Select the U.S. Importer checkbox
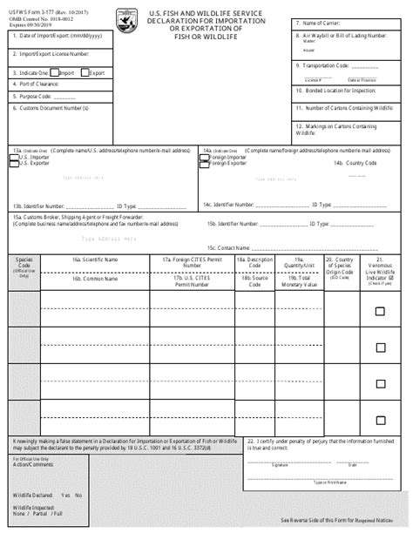[x=12, y=157]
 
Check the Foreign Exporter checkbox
[x=206, y=163]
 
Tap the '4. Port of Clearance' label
[x=38, y=84]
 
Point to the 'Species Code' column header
[x=24, y=263]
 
